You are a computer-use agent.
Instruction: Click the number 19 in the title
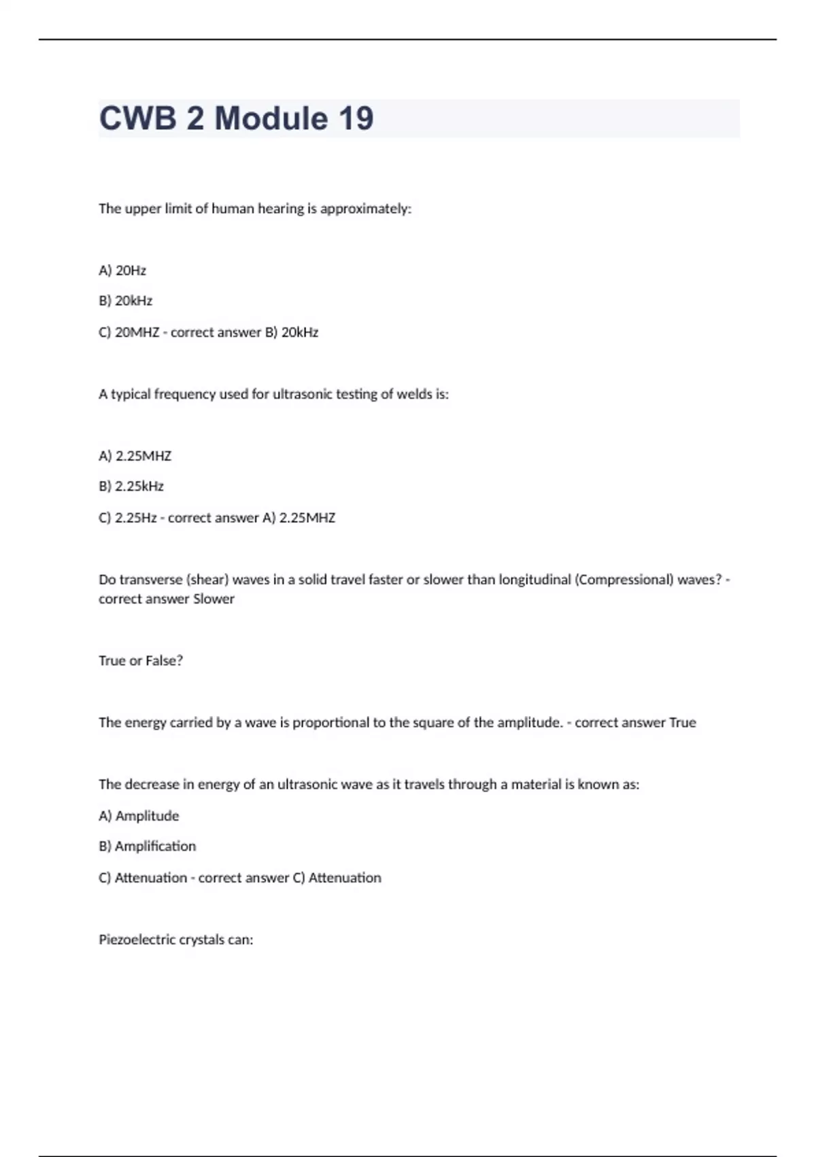click(x=356, y=118)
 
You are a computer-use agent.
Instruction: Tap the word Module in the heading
click(x=271, y=118)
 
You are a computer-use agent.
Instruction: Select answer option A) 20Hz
click(x=122, y=270)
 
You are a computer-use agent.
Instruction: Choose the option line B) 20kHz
click(x=125, y=301)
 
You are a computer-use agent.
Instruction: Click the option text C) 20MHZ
click(x=129, y=332)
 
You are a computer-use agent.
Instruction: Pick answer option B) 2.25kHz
click(x=131, y=486)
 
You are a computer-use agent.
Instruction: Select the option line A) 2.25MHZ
click(x=135, y=455)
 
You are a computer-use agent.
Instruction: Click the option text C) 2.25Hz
click(x=128, y=517)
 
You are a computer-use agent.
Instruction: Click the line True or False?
click(x=141, y=660)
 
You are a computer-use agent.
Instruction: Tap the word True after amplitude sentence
click(x=682, y=722)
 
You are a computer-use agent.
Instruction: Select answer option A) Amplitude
click(x=139, y=815)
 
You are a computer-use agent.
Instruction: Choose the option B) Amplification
click(x=147, y=846)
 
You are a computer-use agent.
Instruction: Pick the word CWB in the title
click(x=137, y=118)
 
